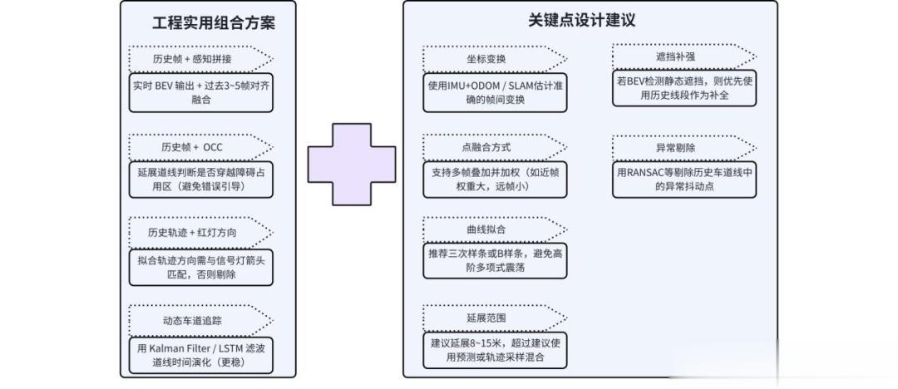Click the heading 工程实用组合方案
[x=214, y=23]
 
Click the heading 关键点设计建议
[x=581, y=21]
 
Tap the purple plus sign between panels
[x=352, y=165]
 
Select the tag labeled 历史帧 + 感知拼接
[x=200, y=59]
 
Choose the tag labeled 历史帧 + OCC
[x=200, y=147]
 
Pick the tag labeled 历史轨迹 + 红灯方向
[x=200, y=233]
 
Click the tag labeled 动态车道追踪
[x=200, y=321]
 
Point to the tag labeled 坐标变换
[x=495, y=59]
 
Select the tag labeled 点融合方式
[x=495, y=147]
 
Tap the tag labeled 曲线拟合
[x=495, y=229]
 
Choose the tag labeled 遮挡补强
[x=684, y=57]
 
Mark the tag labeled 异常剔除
[x=684, y=148]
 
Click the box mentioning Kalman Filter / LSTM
[x=201, y=356]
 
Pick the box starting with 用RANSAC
[x=684, y=180]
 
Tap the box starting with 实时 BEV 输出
[x=201, y=92]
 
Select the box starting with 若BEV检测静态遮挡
[x=684, y=88]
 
